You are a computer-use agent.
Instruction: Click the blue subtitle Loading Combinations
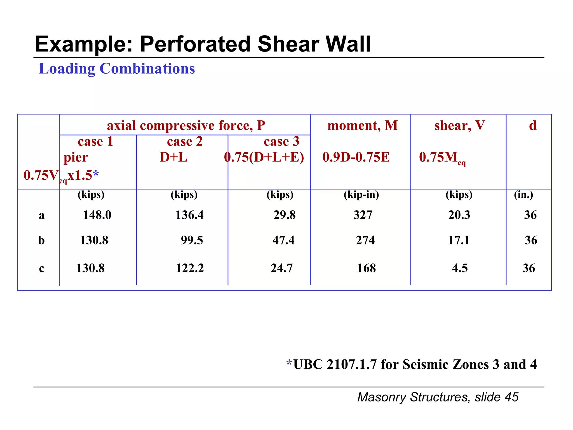[x=117, y=69]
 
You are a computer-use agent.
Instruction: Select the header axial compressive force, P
[x=186, y=125]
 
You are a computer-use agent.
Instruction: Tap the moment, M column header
[x=362, y=125]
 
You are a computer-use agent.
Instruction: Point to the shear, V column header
[x=459, y=125]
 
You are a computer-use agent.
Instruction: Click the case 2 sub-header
[x=185, y=141]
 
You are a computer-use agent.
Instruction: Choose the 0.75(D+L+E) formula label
[x=264, y=157]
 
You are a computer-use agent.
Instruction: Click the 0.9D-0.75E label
[x=356, y=157]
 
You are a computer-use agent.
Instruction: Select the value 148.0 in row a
[x=97, y=215]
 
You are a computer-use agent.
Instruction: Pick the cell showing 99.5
[x=192, y=240]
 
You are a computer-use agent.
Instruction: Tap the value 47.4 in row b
[x=283, y=240]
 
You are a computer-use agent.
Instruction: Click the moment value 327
[x=363, y=215]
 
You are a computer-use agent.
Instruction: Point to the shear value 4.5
[x=460, y=268]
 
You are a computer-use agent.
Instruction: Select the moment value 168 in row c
[x=366, y=268]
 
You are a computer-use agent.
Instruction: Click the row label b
[x=41, y=240]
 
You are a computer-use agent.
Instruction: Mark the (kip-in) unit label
[x=361, y=194]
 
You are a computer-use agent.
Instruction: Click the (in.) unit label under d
[x=523, y=194]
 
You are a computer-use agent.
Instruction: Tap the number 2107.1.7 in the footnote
[x=351, y=364]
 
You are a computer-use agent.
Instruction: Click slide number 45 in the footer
[x=511, y=397]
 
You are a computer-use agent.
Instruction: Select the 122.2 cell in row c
[x=190, y=268]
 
